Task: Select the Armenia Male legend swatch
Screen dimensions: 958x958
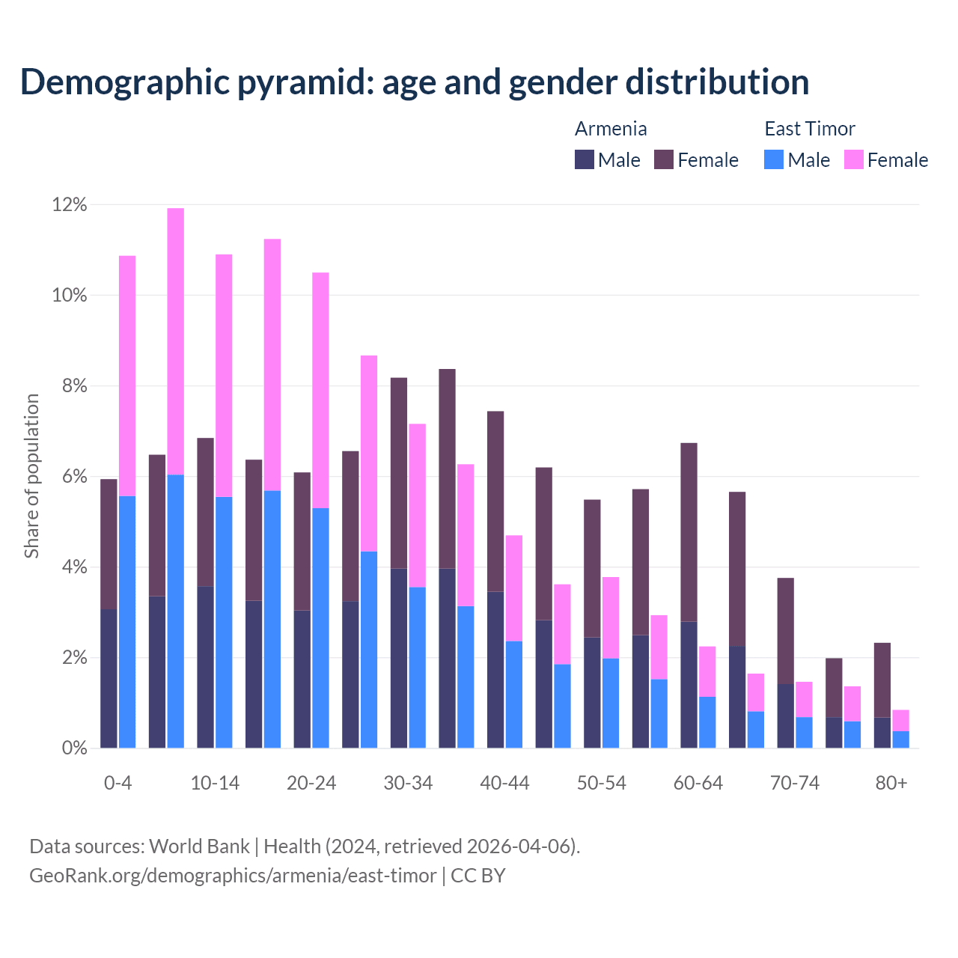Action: click(585, 159)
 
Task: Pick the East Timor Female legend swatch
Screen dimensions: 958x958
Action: click(854, 159)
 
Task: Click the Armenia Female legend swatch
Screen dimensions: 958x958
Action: click(664, 159)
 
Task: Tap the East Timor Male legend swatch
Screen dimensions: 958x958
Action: click(774, 159)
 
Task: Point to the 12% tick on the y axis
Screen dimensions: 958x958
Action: click(70, 204)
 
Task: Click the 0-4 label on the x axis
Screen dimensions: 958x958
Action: click(118, 783)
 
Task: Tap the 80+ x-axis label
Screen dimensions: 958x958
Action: click(891, 783)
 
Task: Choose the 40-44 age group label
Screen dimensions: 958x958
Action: click(504, 783)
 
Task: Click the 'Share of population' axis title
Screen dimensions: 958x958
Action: click(31, 476)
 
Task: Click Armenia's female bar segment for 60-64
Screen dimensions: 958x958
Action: click(689, 532)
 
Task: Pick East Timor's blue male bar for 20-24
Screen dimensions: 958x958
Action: click(320, 628)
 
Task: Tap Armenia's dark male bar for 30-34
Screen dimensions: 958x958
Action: click(399, 658)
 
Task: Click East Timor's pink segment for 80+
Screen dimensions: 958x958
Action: click(901, 720)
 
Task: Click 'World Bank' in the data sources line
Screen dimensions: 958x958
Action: click(199, 846)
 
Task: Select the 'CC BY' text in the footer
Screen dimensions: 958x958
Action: click(478, 876)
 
